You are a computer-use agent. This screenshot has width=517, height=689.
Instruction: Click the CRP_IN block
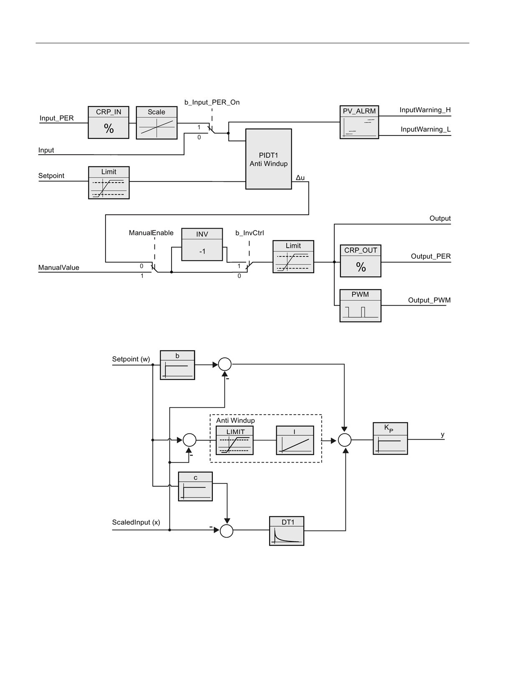(108, 123)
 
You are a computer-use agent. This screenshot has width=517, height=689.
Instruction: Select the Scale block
(156, 123)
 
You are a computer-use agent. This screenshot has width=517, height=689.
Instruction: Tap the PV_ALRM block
(359, 122)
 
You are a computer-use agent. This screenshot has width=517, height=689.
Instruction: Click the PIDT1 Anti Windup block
(268, 159)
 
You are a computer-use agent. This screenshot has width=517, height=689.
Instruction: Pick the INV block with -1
(202, 244)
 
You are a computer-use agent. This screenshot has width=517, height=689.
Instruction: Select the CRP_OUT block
(361, 261)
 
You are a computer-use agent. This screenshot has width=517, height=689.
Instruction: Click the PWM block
(361, 306)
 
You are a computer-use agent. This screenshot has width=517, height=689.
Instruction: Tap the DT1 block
(287, 531)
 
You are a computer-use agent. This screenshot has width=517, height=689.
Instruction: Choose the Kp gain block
(390, 438)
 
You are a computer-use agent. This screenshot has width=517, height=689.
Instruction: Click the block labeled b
(177, 365)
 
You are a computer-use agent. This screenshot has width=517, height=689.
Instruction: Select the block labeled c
(195, 486)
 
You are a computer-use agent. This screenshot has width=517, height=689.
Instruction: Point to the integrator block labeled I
(295, 440)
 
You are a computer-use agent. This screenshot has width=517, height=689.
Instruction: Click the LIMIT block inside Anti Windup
(235, 440)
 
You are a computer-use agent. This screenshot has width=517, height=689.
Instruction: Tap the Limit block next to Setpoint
(108, 183)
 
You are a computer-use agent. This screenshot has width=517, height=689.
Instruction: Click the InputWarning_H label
(425, 110)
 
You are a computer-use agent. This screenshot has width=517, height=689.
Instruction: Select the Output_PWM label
(429, 300)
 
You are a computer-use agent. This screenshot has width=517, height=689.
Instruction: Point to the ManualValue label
(59, 267)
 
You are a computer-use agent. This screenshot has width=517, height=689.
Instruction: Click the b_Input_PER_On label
(212, 102)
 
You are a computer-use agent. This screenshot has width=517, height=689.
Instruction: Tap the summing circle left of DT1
(227, 531)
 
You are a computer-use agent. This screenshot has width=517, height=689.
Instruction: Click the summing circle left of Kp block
(345, 440)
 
